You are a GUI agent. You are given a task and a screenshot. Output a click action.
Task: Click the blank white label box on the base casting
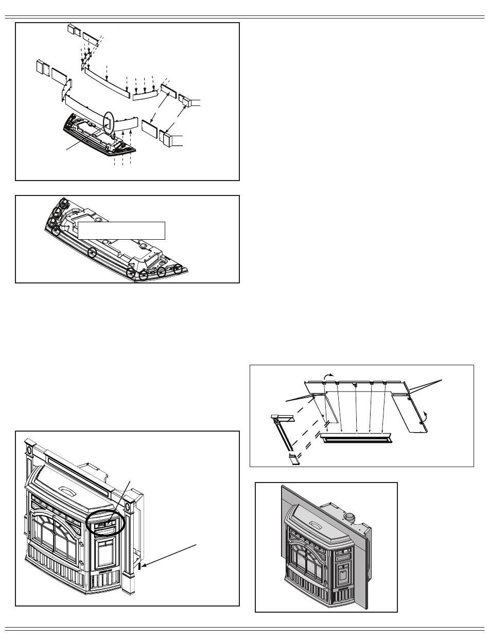pos(121,230)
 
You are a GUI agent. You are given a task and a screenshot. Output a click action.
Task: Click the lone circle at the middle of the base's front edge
pos(92,252)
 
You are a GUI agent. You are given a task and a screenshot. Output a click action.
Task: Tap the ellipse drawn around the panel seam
pos(109,122)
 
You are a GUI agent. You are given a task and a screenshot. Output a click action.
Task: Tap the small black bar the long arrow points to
pos(140,567)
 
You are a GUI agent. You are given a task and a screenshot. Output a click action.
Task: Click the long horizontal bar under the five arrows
pos(356,438)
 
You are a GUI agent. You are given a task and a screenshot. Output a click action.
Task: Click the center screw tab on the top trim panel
pos(355,384)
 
